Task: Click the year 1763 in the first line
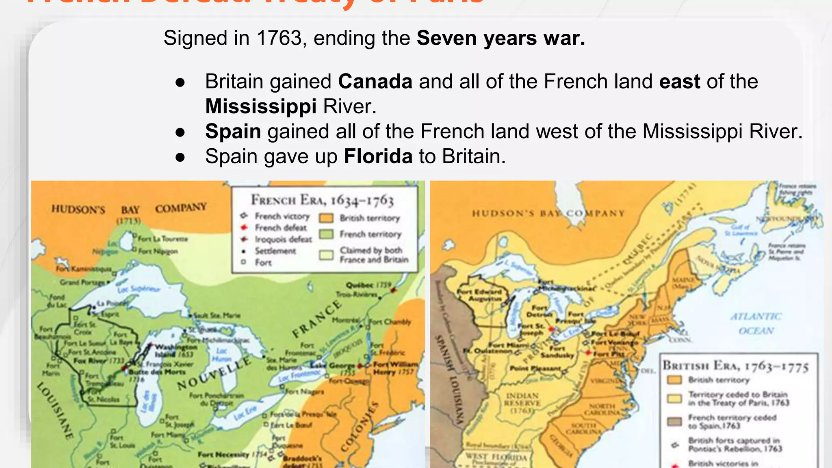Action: [279, 38]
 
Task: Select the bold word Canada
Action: [375, 81]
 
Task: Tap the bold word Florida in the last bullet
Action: [378, 156]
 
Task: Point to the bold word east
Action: [680, 81]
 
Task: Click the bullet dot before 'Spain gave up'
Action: [180, 157]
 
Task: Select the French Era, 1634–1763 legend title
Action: [322, 200]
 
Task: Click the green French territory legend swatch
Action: [326, 234]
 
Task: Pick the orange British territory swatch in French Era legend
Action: [326, 218]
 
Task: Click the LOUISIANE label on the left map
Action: [56, 410]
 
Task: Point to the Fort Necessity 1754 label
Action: [232, 455]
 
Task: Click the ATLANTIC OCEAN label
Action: [756, 324]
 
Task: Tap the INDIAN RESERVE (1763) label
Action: [522, 403]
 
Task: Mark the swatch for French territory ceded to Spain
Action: [674, 421]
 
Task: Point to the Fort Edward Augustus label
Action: [479, 295]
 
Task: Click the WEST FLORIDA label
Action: [496, 457]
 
